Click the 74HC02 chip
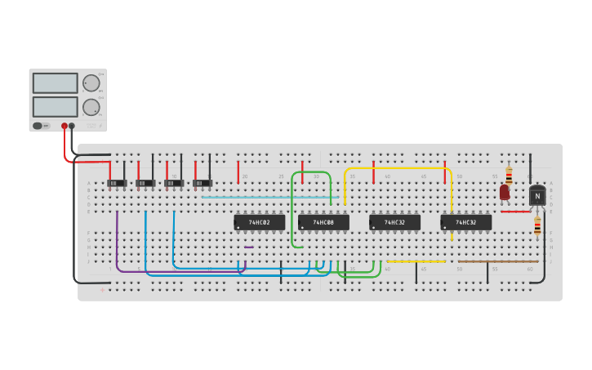pyautogui.click(x=260, y=222)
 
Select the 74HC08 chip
pyautogui.click(x=323, y=222)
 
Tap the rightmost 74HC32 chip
pyautogui.click(x=465, y=222)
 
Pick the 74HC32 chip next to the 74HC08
pyautogui.click(x=394, y=222)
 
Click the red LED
pyautogui.click(x=505, y=192)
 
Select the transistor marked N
pyautogui.click(x=536, y=196)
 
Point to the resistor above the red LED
pyautogui.click(x=509, y=175)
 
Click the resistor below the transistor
pyautogui.click(x=537, y=225)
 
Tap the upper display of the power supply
pyautogui.click(x=56, y=83)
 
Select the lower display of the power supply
pyautogui.click(x=56, y=107)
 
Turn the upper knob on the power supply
pyautogui.click(x=91, y=83)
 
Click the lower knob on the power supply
pyautogui.click(x=91, y=107)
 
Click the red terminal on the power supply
pyautogui.click(x=65, y=126)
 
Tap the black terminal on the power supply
pyautogui.click(x=72, y=126)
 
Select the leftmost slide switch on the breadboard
pyautogui.click(x=117, y=183)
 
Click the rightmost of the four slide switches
pyautogui.click(x=203, y=183)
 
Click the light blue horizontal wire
pyautogui.click(x=269, y=197)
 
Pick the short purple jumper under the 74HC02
pyautogui.click(x=249, y=247)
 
